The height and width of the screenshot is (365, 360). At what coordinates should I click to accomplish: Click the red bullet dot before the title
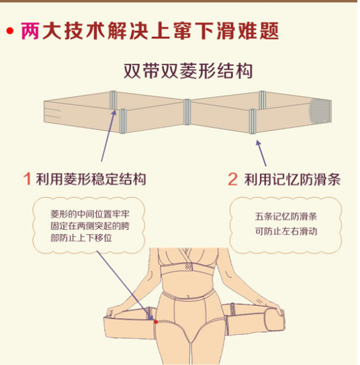[x=11, y=31]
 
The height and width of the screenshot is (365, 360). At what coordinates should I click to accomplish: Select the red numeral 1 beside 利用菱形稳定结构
[x=28, y=179]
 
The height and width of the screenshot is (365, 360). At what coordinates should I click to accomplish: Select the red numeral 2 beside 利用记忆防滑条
[x=232, y=179]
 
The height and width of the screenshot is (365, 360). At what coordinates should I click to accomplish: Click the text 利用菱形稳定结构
[x=92, y=179]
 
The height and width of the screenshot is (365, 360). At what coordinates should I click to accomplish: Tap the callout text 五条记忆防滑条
[x=285, y=217]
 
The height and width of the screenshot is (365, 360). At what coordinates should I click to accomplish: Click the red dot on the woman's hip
[x=155, y=322]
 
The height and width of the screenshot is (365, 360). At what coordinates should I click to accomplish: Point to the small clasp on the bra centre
[x=188, y=267]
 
